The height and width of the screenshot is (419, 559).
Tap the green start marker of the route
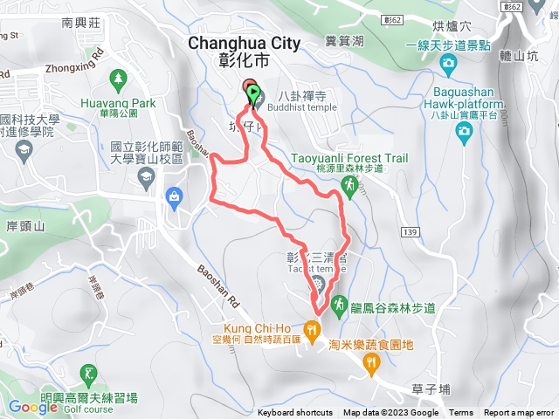253,93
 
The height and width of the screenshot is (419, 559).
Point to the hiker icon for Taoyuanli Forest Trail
349,185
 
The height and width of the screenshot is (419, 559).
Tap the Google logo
33,407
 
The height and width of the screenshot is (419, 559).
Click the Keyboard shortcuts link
294,413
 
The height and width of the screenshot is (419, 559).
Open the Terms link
461,413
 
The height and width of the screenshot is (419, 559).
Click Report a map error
520,413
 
